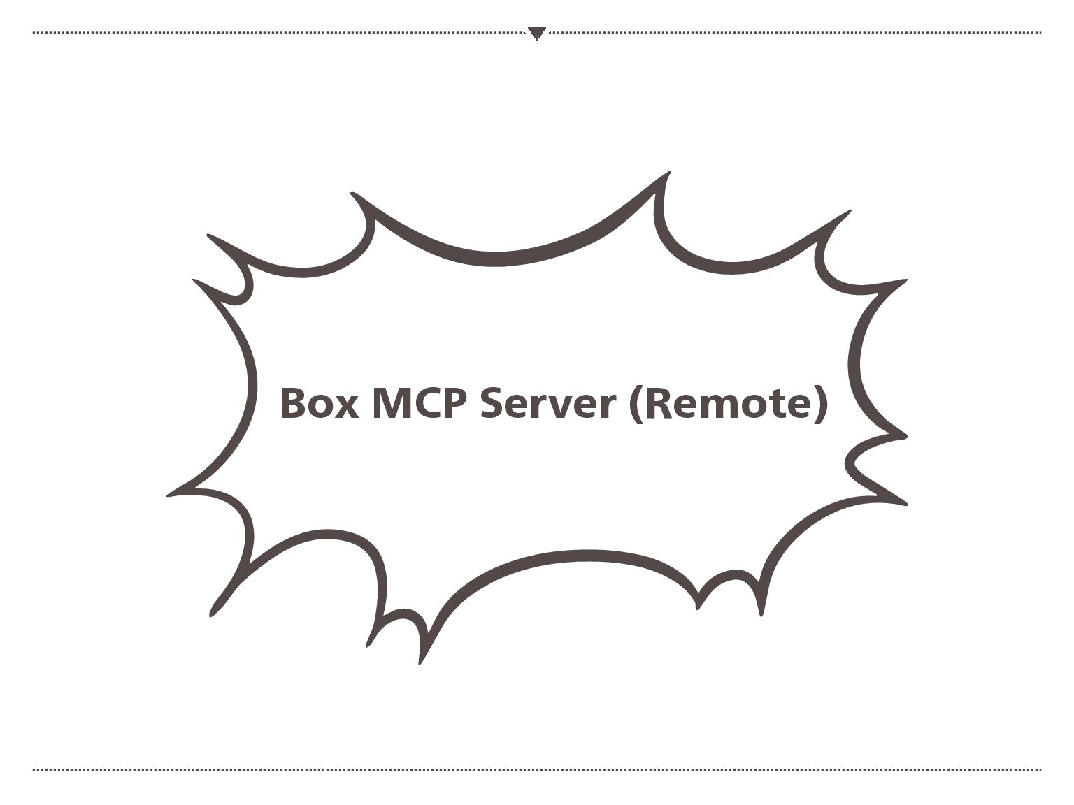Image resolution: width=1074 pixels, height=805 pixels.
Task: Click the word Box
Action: coord(319,403)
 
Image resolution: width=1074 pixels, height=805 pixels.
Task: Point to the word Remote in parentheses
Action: coord(728,404)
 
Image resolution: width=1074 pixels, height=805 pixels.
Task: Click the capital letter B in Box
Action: coord(292,403)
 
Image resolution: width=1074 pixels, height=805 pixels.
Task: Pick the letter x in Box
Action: coord(346,407)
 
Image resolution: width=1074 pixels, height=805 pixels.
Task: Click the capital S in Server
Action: coord(494,403)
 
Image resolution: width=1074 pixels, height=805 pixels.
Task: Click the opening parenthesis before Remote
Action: coord(636,405)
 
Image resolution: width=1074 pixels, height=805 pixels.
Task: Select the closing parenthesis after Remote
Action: coord(821,405)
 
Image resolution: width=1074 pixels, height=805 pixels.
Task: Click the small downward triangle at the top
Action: coord(536,33)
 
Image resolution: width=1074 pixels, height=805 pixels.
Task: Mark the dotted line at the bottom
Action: coord(537,770)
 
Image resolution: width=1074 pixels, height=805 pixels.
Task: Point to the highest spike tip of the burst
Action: coord(669,172)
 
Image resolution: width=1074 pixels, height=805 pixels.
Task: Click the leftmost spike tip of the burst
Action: coord(169,495)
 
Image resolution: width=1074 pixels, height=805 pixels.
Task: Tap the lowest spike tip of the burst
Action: coord(420,662)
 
